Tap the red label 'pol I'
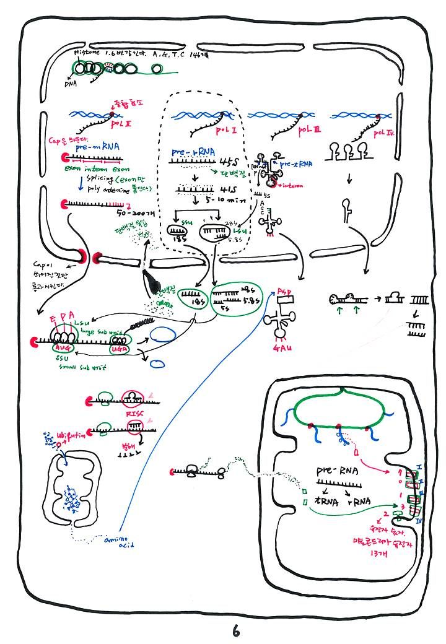[x=225, y=131]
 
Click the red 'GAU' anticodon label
[x=275, y=348]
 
